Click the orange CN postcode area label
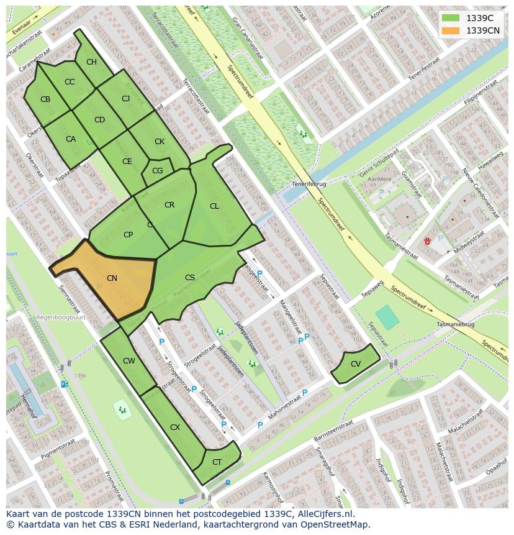pos(112,278)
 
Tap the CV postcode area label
pos(355,364)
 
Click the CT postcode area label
pos(217,462)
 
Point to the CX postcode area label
pos(175,428)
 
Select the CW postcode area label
pos(128,361)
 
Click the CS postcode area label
pos(190,278)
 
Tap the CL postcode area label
pos(214,206)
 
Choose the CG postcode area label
pos(157,171)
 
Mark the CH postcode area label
pos(91,62)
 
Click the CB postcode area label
pos(45,99)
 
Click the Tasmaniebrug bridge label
pos(455,325)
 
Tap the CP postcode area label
pos(128,235)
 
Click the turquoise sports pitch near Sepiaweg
pos(387,317)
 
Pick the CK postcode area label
pos(160,142)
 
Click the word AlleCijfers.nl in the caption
pos(323,514)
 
